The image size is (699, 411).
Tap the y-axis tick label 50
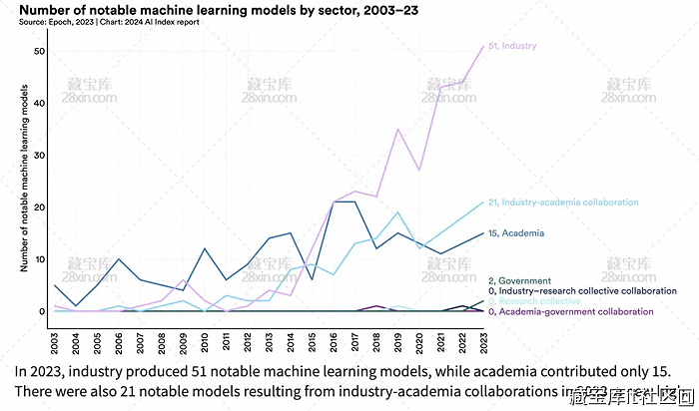(x=39, y=50)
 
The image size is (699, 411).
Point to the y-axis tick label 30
(x=39, y=155)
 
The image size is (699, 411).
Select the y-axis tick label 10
(x=39, y=259)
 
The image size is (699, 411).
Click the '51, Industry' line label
(x=513, y=46)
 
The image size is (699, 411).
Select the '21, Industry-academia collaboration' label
(x=563, y=203)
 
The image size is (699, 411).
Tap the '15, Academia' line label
(x=516, y=233)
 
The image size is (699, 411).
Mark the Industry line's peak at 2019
(x=398, y=129)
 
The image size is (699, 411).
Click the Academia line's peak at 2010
(x=205, y=248)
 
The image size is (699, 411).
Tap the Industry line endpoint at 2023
(x=483, y=46)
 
